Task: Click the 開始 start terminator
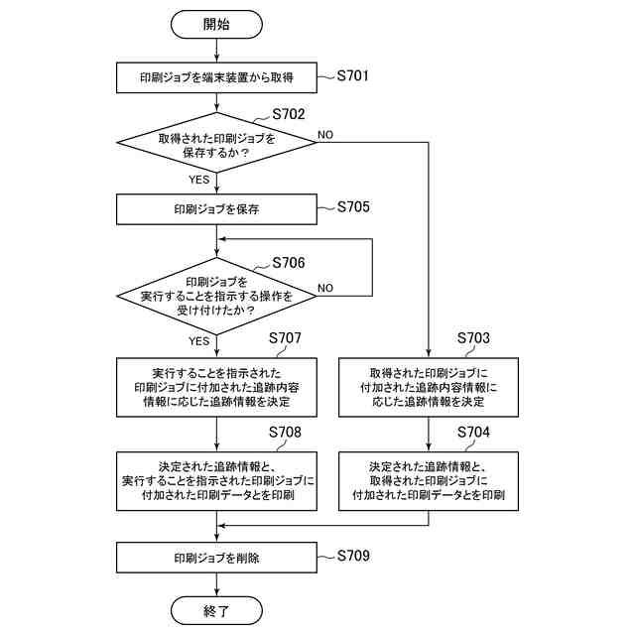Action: pyautogui.click(x=216, y=24)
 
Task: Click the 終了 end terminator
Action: pyautogui.click(x=216, y=610)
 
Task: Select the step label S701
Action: pyautogui.click(x=353, y=73)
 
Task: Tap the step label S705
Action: pyautogui.click(x=353, y=207)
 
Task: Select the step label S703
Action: pyautogui.click(x=473, y=338)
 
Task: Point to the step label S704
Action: pyautogui.click(x=473, y=433)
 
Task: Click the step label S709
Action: pyautogui.click(x=353, y=556)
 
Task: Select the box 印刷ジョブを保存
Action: pyautogui.click(x=216, y=209)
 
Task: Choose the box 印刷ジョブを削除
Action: pyautogui.click(x=216, y=558)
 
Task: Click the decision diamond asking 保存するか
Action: pyautogui.click(x=216, y=146)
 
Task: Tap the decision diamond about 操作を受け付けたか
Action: pyautogui.click(x=216, y=295)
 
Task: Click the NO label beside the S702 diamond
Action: pyautogui.click(x=326, y=133)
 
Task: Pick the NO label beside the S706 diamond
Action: pyautogui.click(x=326, y=288)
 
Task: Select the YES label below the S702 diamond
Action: pyautogui.click(x=198, y=180)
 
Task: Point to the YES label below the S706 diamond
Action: pyautogui.click(x=198, y=340)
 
